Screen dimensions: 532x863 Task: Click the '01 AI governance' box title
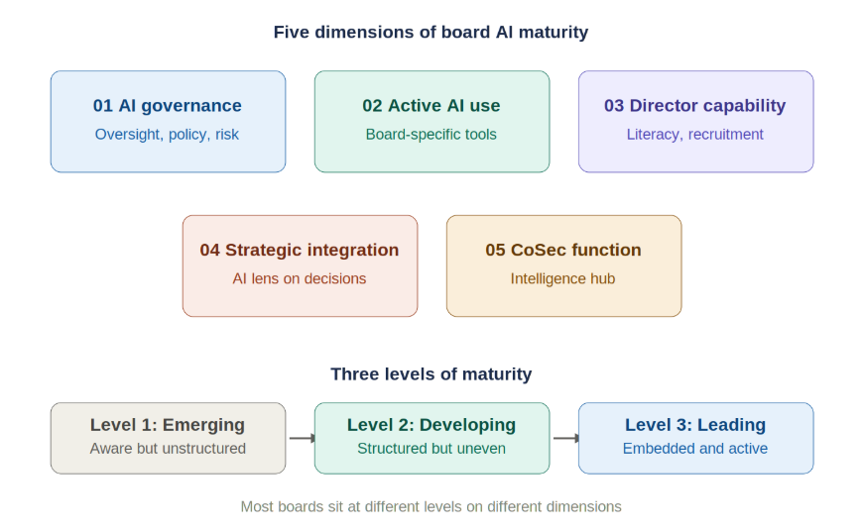[x=168, y=106]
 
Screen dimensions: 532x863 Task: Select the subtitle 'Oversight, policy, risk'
[x=168, y=135]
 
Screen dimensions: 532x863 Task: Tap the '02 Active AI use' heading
[x=431, y=106]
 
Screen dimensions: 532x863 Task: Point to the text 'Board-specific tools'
[x=431, y=135]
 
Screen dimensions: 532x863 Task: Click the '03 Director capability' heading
[x=695, y=106]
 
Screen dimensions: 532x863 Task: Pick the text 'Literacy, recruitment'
[x=695, y=135]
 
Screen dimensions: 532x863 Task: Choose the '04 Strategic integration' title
[x=300, y=251]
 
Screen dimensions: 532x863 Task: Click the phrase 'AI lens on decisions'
[x=300, y=279]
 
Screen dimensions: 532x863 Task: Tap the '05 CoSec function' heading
[x=563, y=251]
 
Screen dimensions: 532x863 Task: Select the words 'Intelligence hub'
[x=563, y=279]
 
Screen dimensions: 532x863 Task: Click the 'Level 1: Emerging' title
[x=168, y=425]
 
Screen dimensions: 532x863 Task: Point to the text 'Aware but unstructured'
[x=168, y=449]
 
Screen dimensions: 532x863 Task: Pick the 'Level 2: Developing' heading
[x=431, y=425]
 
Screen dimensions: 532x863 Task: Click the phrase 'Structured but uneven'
[x=431, y=449]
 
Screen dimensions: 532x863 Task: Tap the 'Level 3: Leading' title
[x=695, y=425]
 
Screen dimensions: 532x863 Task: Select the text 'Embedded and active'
[x=695, y=449]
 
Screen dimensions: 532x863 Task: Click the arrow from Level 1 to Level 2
[x=301, y=438]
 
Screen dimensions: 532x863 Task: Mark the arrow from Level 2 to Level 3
[x=564, y=438]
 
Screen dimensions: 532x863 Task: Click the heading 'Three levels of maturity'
[x=431, y=374]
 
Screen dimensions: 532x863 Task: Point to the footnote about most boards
[x=431, y=506]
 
